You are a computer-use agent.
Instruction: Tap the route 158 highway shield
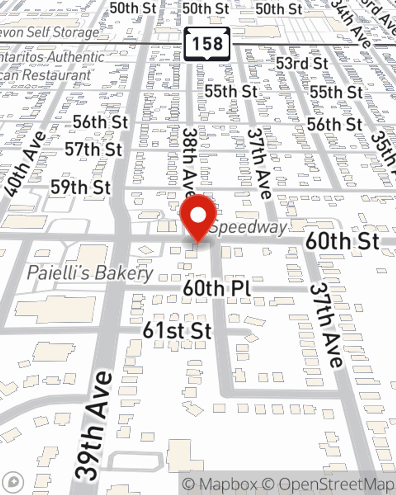(x=207, y=44)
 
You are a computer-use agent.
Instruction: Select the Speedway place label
(x=248, y=228)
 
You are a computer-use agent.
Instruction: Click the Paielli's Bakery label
(x=90, y=273)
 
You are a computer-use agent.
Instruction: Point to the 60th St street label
(x=343, y=241)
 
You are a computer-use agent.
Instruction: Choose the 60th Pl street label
(x=217, y=288)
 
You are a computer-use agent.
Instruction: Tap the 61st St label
(x=177, y=330)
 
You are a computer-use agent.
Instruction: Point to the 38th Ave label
(x=190, y=162)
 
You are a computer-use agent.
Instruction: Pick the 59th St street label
(x=80, y=187)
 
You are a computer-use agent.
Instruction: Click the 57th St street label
(x=93, y=150)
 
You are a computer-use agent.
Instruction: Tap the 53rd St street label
(x=302, y=63)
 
